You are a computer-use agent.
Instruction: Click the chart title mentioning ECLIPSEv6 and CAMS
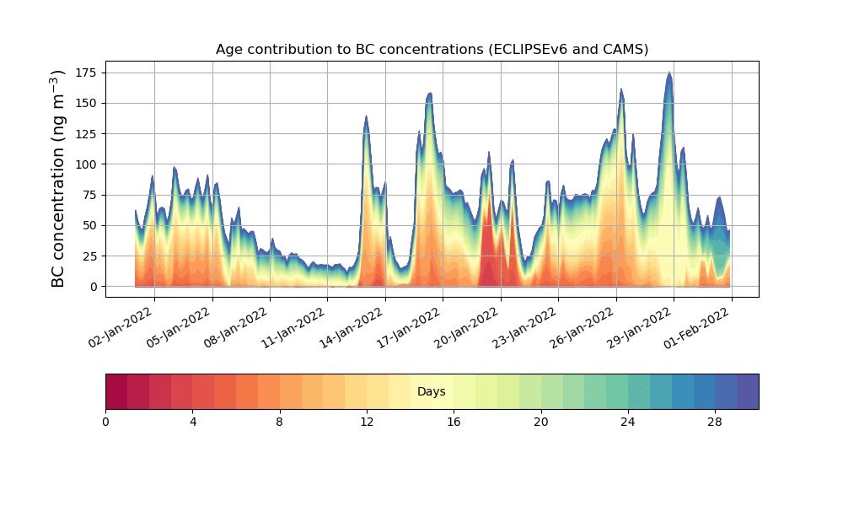[x=432, y=49]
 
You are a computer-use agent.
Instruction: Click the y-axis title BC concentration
[x=58, y=179]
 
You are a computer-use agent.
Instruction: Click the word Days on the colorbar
[x=432, y=392]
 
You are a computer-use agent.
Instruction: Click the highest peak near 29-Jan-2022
[x=669, y=73]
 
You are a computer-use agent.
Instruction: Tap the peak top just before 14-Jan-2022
[x=366, y=116]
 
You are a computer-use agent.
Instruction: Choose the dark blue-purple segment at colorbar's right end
[x=748, y=391]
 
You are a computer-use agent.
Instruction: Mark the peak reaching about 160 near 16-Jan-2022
[x=430, y=94]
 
